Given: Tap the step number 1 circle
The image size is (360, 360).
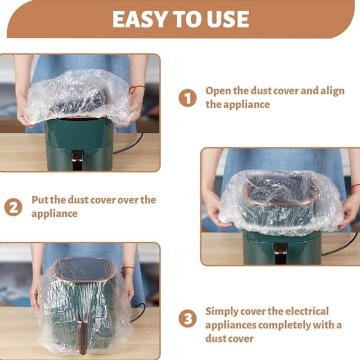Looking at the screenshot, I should pyautogui.click(x=187, y=98).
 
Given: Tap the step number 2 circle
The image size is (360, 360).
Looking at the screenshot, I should pyautogui.click(x=13, y=207).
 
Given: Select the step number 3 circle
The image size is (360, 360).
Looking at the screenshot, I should pyautogui.click(x=187, y=319).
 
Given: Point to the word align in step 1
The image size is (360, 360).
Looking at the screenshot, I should pyautogui.click(x=332, y=90).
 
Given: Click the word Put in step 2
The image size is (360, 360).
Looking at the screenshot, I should pyautogui.click(x=40, y=200).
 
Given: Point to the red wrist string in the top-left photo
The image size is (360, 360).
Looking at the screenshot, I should pyautogui.click(x=137, y=88).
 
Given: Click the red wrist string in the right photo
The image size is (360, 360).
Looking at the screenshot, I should pyautogui.click(x=354, y=188).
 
